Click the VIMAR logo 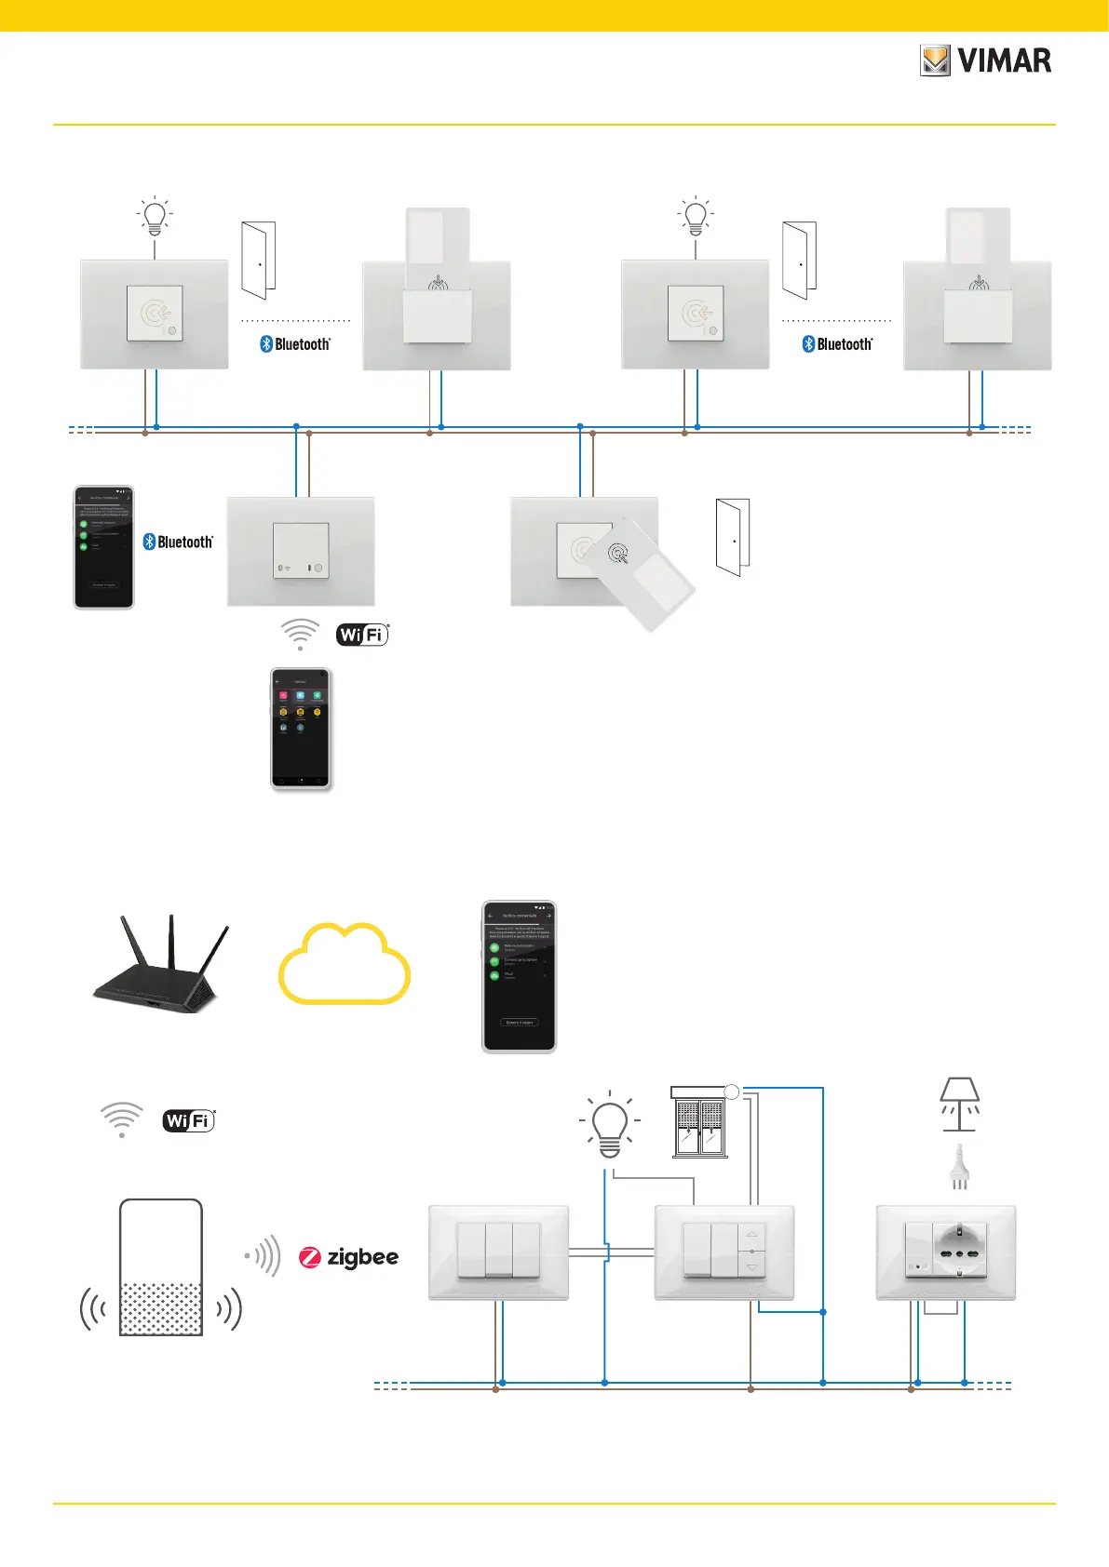(x=986, y=60)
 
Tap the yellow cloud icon (x=345, y=966)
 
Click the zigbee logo (x=348, y=1257)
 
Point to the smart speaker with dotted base (x=161, y=1268)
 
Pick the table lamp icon (x=959, y=1105)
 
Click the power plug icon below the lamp (x=959, y=1168)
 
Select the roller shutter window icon (x=699, y=1123)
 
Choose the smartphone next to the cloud (x=519, y=976)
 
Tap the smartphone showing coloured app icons (x=300, y=730)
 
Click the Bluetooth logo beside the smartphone (x=178, y=542)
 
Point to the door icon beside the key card (x=733, y=537)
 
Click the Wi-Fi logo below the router (x=189, y=1120)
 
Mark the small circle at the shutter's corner (x=732, y=1092)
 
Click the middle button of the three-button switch (x=499, y=1250)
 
